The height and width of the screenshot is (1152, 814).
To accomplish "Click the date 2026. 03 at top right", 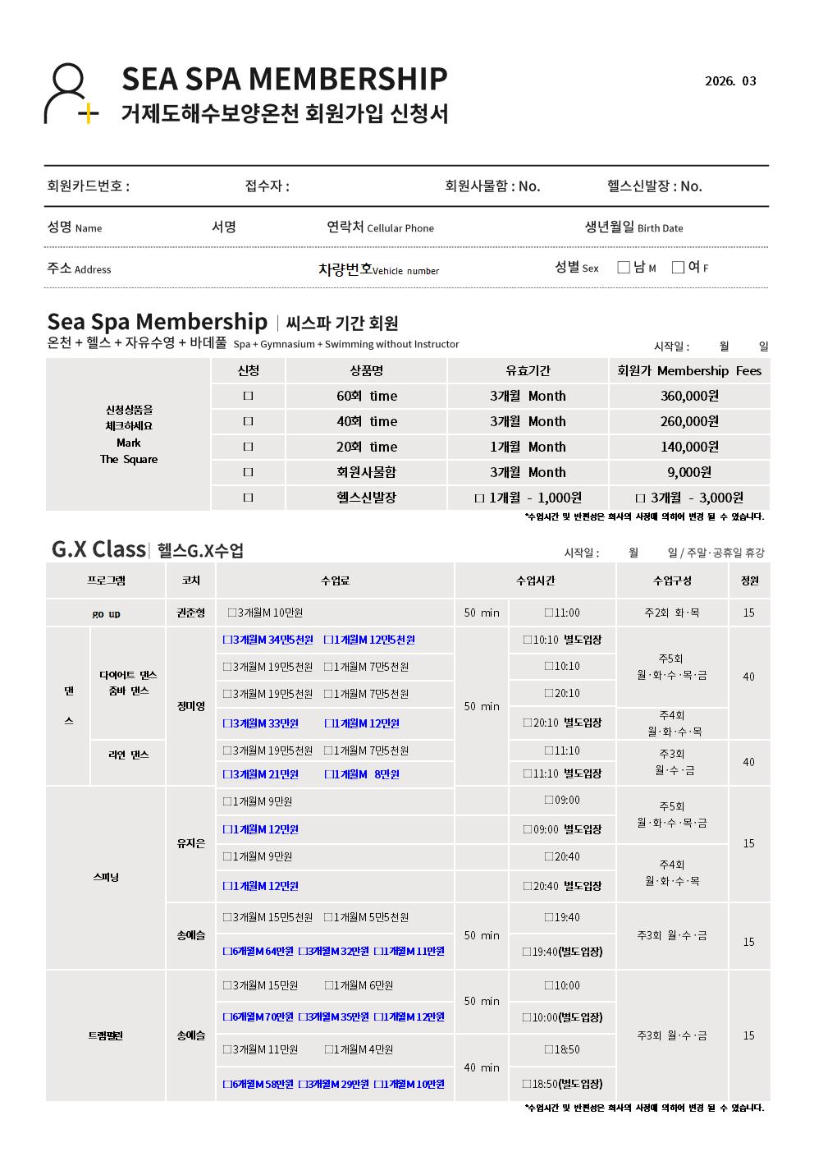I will click(730, 81).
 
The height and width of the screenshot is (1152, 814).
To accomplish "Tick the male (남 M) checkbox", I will click(624, 267).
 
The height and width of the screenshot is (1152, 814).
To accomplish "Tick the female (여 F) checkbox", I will click(678, 267).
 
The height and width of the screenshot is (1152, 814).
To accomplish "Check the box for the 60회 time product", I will click(248, 396).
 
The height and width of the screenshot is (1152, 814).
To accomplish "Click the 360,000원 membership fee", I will click(689, 396).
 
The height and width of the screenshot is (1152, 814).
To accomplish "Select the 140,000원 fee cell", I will click(689, 447).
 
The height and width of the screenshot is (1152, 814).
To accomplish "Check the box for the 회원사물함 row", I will click(248, 472).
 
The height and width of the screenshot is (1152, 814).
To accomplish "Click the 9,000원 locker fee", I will click(689, 472).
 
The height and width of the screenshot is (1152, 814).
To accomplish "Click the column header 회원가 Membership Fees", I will click(689, 371).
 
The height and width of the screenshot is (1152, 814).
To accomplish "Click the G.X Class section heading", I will click(98, 548).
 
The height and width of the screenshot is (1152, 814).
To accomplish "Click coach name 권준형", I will click(190, 613).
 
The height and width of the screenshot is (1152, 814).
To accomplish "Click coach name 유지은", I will click(190, 843).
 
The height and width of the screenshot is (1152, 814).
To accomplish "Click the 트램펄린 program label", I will click(105, 1036).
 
